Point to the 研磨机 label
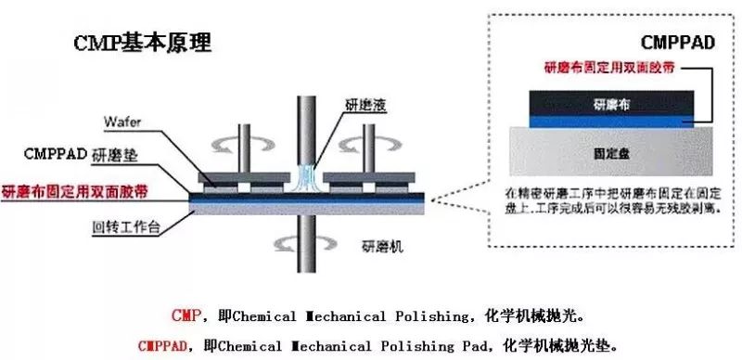380,248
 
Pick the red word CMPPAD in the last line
163,345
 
